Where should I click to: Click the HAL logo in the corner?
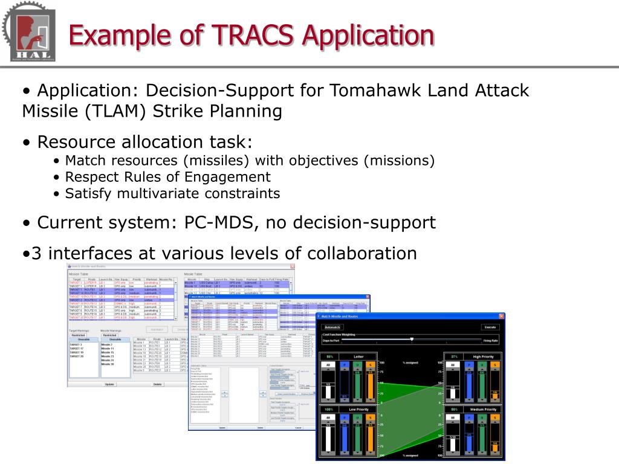coord(28,31)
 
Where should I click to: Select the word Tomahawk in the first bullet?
coord(375,91)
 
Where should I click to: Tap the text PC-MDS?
coord(218,222)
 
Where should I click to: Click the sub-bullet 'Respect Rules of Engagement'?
coord(167,177)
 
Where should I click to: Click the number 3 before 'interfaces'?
coord(36,253)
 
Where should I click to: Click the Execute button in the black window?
coord(489,327)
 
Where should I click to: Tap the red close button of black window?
coord(501,316)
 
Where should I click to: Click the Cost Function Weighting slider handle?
coord(412,340)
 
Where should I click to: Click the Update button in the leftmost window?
coord(109,384)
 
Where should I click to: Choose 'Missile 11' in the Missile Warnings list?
coord(108,349)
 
